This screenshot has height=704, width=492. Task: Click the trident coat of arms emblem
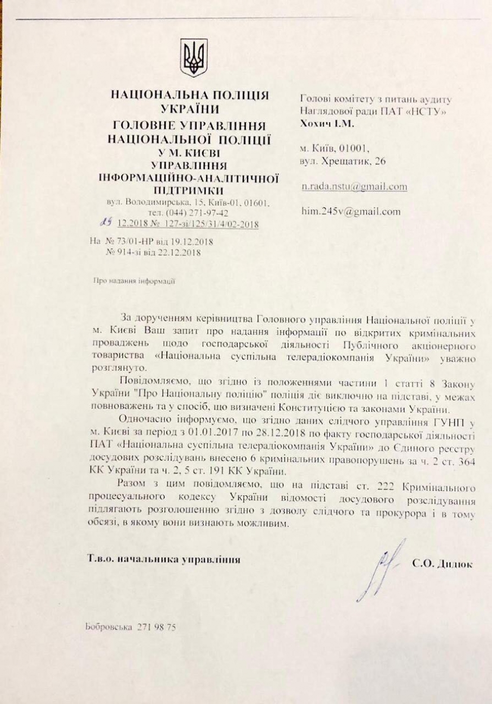194,58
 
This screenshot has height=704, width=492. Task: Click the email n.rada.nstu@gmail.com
354,186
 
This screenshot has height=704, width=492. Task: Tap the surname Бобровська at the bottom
109,627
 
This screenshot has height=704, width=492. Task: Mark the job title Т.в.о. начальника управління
164,559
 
